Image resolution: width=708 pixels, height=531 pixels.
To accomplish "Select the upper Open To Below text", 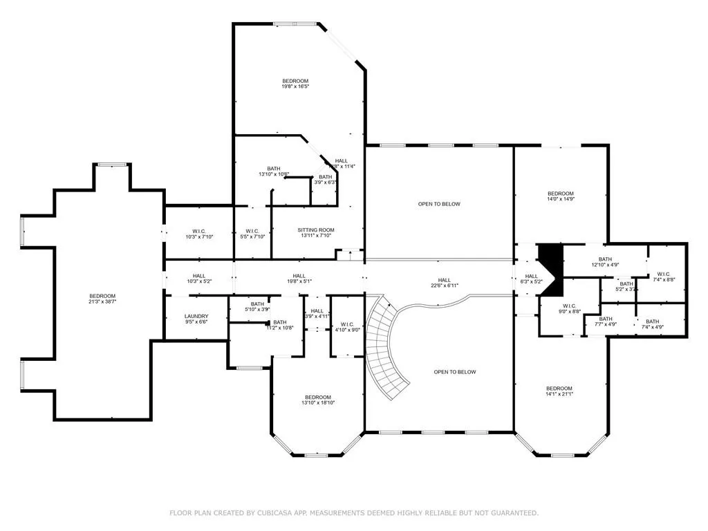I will pos(438,204).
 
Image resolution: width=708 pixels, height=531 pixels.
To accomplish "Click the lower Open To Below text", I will pos(455,372).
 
